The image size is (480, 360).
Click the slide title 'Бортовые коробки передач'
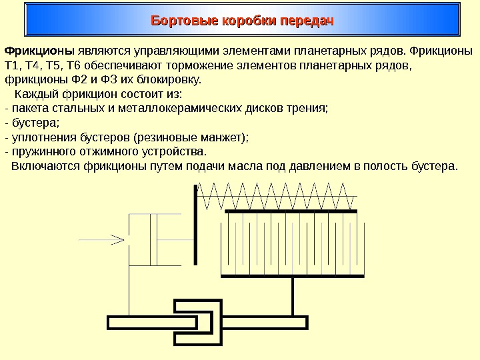[242, 21]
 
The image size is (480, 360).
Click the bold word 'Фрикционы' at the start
[39, 51]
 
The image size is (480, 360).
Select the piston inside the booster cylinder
[155, 239]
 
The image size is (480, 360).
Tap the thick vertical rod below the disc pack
[293, 296]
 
